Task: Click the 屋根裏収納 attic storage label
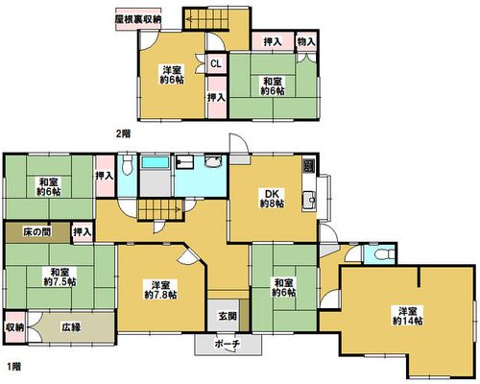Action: click(138, 19)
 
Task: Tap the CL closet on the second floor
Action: click(216, 63)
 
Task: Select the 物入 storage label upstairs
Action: click(306, 41)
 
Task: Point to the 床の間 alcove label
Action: click(37, 231)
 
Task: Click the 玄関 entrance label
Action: click(228, 316)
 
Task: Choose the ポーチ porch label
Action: click(228, 344)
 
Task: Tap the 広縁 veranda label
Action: click(71, 327)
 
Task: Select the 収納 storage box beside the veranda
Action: click(15, 327)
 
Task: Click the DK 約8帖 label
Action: click(272, 198)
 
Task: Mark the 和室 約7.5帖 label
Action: click(60, 277)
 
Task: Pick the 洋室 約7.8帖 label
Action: click(160, 289)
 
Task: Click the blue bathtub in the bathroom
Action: click(156, 162)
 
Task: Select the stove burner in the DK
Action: click(309, 165)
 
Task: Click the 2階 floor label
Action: click(123, 133)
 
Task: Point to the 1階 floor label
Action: click(13, 366)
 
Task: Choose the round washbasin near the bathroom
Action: click(212, 161)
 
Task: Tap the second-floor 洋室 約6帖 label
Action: click(172, 75)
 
